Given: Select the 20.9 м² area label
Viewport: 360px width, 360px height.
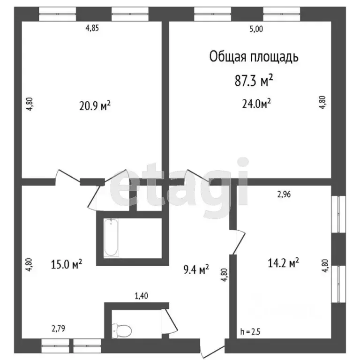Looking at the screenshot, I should click(95, 106).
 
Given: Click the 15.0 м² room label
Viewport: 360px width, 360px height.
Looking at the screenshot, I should click(67, 264).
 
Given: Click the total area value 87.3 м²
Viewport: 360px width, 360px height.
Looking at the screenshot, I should click(254, 81).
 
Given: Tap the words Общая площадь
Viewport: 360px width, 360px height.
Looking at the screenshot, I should click(254, 57).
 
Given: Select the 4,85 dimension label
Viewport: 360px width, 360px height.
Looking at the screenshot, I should click(92, 28).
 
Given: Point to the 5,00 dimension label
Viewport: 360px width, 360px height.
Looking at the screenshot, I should click(256, 28).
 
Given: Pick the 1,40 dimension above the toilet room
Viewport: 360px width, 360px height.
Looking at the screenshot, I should click(142, 296).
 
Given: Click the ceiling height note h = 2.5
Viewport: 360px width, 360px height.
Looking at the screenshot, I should click(250, 332).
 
